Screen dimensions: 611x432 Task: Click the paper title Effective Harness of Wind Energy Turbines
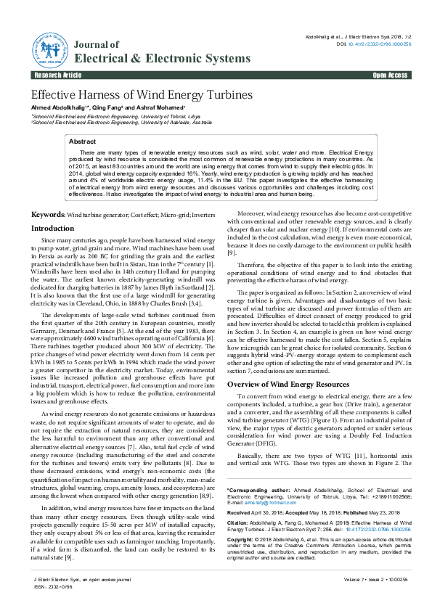pos(142,95)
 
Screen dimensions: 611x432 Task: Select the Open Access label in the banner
pos(390,75)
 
